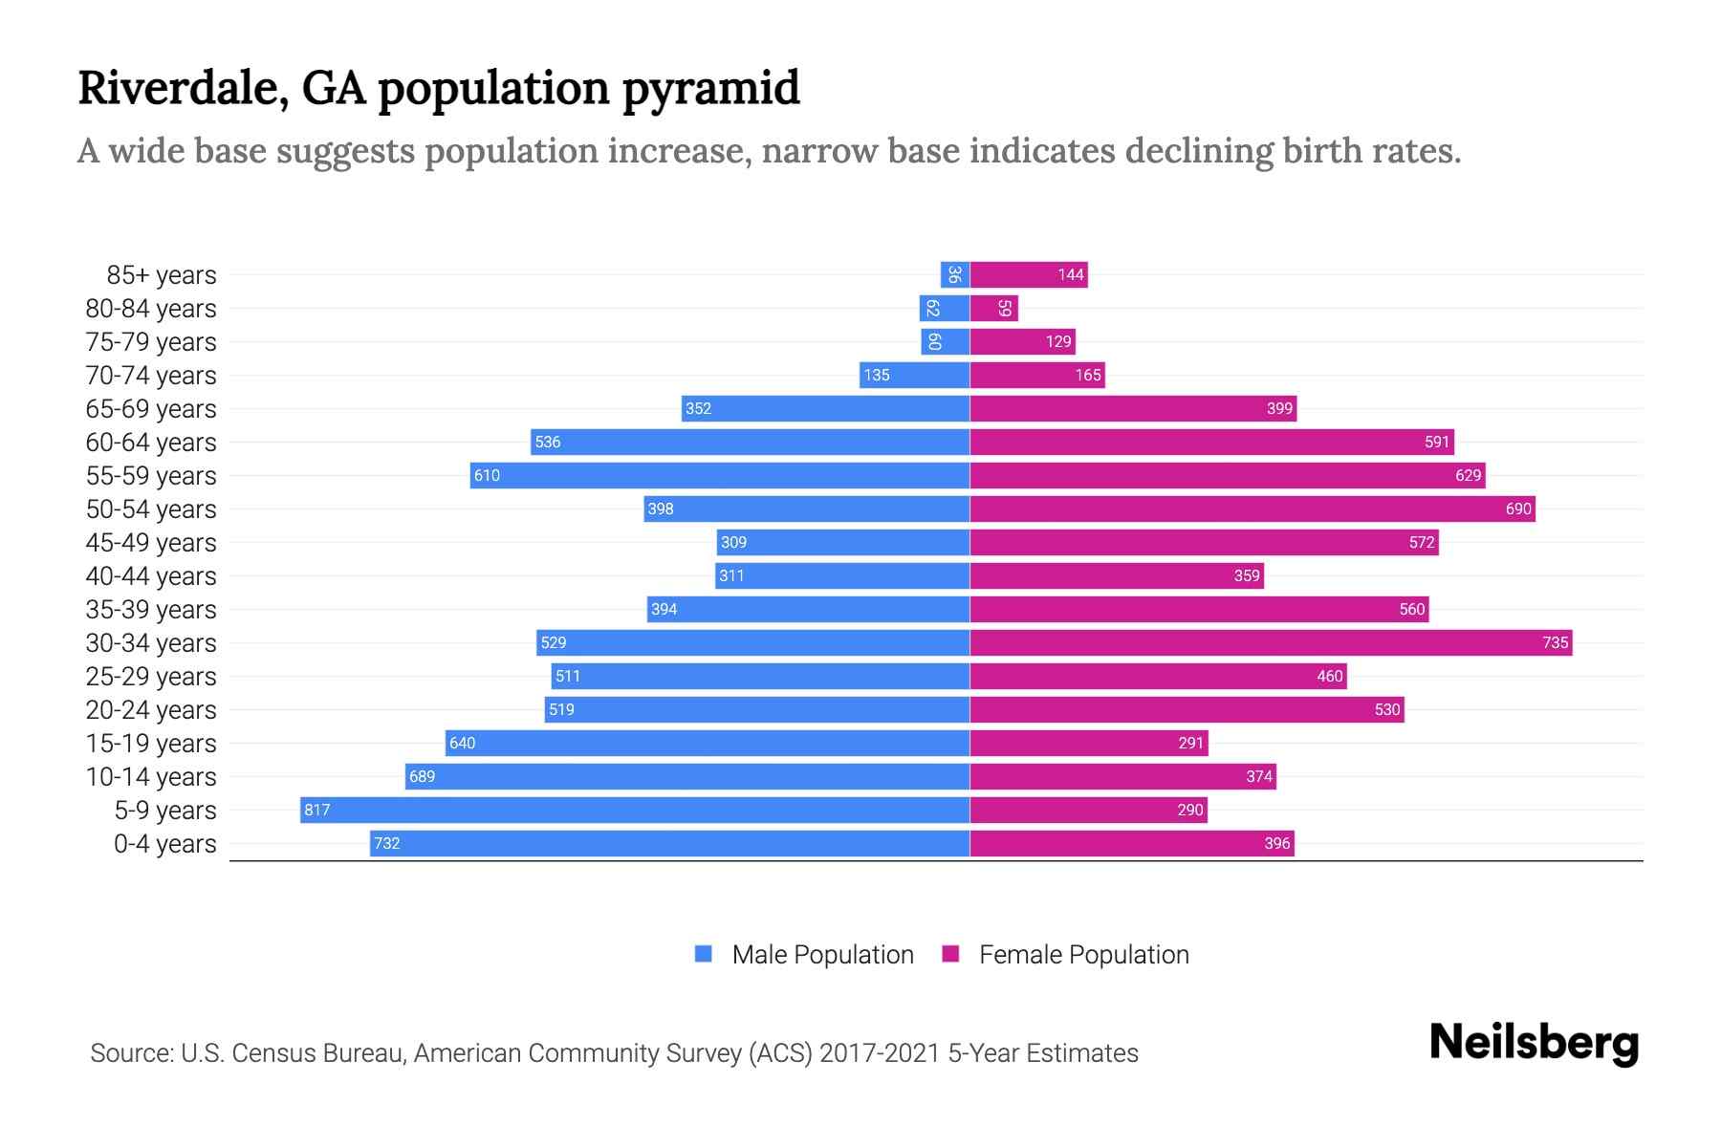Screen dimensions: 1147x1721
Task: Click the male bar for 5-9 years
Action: (635, 810)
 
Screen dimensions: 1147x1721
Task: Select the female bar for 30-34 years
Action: (1271, 642)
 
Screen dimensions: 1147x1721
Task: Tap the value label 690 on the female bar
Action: (1518, 509)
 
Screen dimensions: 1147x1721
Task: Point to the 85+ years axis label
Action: (162, 275)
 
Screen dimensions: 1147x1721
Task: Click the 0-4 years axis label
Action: (164, 844)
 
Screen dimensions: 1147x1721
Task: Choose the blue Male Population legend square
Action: (704, 954)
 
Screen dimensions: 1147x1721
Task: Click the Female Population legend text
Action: (1083, 955)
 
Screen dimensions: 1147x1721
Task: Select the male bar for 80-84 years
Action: (945, 308)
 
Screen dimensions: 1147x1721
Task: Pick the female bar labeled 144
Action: (1029, 274)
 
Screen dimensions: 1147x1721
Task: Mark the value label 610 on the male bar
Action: (487, 475)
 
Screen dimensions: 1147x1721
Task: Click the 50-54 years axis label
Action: (151, 509)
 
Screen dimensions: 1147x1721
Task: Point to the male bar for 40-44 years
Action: (842, 575)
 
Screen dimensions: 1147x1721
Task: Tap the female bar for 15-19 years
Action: (1089, 743)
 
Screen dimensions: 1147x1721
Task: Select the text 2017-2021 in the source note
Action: (880, 1053)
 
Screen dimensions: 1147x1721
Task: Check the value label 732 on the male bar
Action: (387, 843)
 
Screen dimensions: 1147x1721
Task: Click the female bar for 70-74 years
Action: (1037, 375)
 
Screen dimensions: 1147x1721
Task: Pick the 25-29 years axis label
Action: (151, 677)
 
